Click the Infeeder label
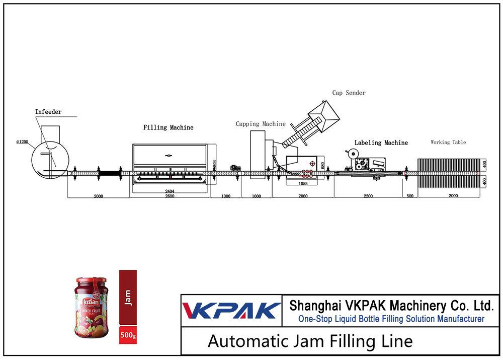pyautogui.click(x=48, y=112)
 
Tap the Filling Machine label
pyautogui.click(x=168, y=127)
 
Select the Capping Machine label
pyautogui.click(x=261, y=124)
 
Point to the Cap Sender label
pyautogui.click(x=349, y=93)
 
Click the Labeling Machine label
pyautogui.click(x=381, y=143)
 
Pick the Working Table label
pyautogui.click(x=448, y=142)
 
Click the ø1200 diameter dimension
pyautogui.click(x=23, y=142)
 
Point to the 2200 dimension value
pyautogui.click(x=368, y=196)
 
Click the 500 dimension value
pyautogui.click(x=410, y=196)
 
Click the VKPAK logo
pyautogui.click(x=231, y=310)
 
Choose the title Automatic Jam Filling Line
pyautogui.click(x=310, y=341)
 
